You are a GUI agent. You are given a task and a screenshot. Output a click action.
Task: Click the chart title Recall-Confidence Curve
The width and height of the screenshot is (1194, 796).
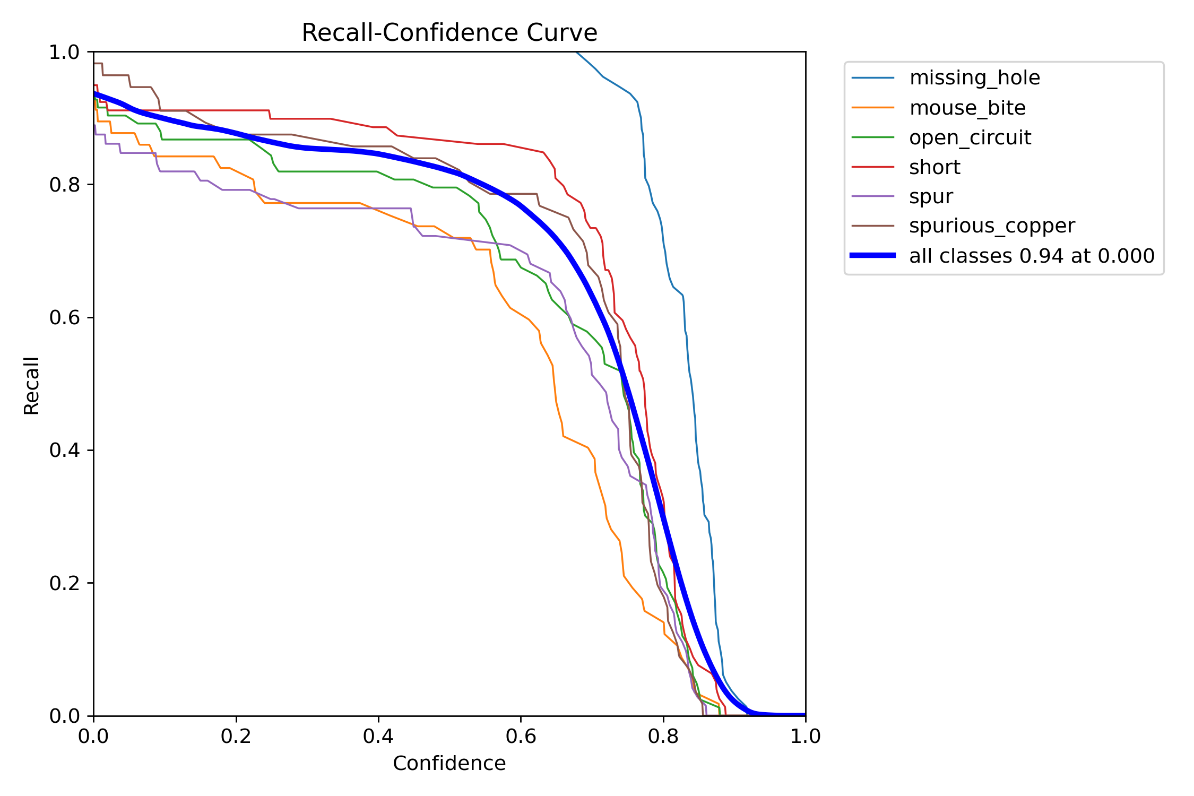tap(449, 33)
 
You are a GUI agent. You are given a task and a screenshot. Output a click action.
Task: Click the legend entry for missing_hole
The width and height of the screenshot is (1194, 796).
tap(974, 78)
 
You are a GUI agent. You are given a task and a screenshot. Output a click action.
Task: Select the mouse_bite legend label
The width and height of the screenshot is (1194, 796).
tap(967, 108)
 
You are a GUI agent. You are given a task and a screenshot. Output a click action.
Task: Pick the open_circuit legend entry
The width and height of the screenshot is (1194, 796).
tap(970, 137)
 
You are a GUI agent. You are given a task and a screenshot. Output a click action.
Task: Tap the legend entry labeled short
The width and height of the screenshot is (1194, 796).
tap(934, 167)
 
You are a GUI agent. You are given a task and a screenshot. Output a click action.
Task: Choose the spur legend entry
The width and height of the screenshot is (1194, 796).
tap(931, 196)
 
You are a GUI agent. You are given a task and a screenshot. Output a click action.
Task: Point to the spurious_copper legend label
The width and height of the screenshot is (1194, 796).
tap(991, 226)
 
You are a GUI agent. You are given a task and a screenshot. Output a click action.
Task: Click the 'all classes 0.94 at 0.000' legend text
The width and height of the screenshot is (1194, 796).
tap(1031, 256)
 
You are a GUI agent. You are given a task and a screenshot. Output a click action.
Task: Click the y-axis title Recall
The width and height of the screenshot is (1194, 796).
tap(31, 385)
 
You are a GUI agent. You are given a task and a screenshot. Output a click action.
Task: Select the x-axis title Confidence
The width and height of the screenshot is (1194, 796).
tap(449, 763)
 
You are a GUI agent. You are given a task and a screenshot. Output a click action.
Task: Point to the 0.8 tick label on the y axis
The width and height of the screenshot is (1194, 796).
tap(64, 185)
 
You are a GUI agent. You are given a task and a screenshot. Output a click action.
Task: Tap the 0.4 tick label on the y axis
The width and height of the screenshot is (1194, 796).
tap(64, 450)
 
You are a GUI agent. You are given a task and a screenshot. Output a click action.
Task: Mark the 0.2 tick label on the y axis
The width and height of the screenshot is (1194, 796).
tap(64, 583)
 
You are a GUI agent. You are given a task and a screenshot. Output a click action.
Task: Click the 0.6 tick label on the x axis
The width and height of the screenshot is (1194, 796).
tap(521, 736)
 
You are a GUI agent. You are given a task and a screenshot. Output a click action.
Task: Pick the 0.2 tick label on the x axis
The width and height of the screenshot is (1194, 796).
tap(236, 736)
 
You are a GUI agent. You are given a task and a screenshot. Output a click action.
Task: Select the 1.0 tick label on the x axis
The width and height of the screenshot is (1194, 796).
tap(805, 736)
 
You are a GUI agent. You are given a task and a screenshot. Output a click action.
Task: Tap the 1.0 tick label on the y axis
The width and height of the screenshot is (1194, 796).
tap(64, 52)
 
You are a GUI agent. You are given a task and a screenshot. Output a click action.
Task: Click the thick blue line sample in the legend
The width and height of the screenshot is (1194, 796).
tap(872, 256)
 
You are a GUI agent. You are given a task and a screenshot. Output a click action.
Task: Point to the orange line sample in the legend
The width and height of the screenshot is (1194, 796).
tap(872, 108)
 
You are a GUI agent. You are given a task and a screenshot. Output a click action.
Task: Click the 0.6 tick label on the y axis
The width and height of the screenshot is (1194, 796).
tap(64, 317)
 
